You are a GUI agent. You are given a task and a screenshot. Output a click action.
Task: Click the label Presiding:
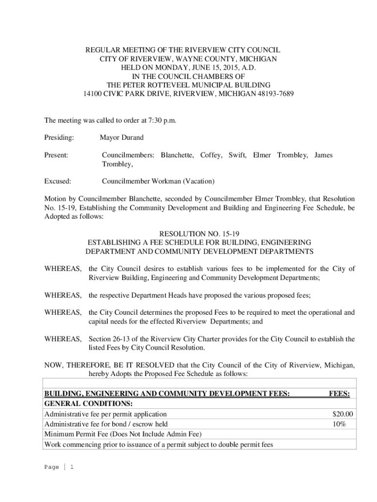(x=59, y=138)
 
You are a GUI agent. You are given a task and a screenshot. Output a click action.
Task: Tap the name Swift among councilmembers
(x=237, y=155)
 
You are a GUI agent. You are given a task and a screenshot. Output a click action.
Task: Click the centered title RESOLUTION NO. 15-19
(x=199, y=234)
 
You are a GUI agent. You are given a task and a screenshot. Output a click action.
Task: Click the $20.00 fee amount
(x=342, y=414)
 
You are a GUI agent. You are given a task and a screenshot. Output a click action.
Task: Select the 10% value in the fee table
(x=338, y=424)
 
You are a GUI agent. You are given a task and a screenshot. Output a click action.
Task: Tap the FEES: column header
(x=339, y=393)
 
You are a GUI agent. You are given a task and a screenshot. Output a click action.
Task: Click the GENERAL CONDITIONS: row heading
(x=89, y=403)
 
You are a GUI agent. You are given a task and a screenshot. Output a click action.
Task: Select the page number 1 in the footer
(x=71, y=467)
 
